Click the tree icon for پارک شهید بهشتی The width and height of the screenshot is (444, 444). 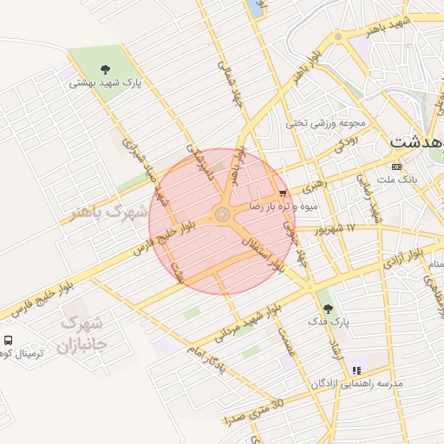pos(105,69)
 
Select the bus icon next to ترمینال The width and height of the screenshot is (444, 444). pos(8,341)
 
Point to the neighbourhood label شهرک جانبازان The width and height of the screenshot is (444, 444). pos(82,335)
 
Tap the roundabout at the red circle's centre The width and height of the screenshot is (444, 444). pos(222,213)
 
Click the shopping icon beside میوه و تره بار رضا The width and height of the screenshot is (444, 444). pos(283,193)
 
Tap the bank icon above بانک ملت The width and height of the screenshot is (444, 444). pos(397,166)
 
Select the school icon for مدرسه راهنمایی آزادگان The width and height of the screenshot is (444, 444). pos(356,370)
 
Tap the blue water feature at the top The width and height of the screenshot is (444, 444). pos(257,7)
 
